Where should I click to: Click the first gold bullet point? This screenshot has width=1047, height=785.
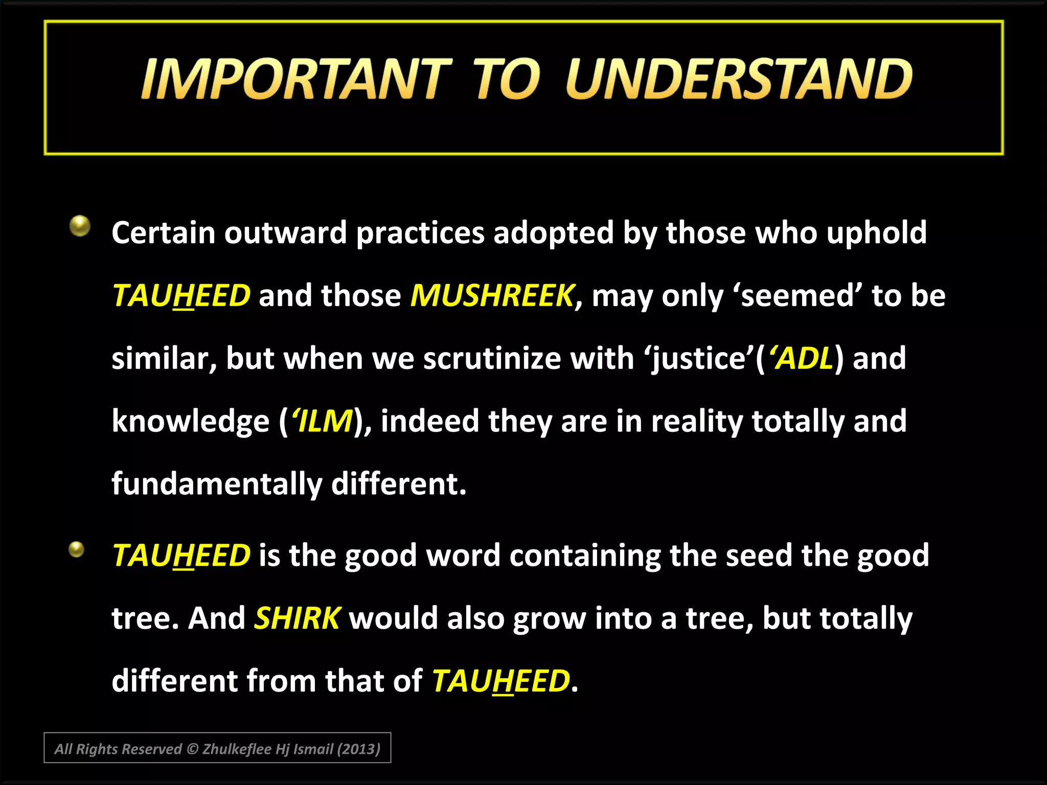tap(80, 225)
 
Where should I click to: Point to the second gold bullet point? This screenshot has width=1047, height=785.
tap(77, 549)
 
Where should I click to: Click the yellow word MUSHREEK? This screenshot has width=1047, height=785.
tap(492, 295)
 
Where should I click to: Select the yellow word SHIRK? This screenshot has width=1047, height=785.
tap(297, 618)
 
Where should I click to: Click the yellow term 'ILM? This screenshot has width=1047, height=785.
tap(322, 421)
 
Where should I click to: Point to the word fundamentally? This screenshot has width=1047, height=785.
tap(217, 483)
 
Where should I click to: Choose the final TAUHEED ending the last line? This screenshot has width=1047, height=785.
tap(500, 681)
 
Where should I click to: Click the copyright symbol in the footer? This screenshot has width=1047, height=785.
tap(192, 749)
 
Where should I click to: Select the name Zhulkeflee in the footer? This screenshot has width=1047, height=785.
tap(237, 749)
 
